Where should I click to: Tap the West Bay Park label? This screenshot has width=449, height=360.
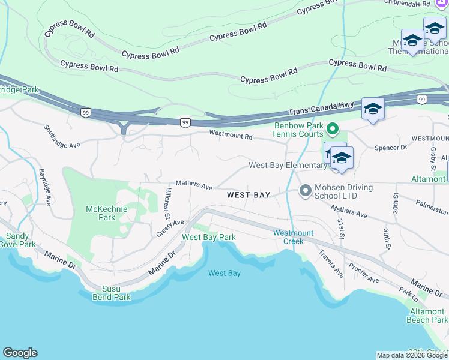click(208, 237)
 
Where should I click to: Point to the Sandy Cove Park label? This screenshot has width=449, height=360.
click(17, 240)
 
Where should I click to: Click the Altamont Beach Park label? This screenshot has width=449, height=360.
click(427, 316)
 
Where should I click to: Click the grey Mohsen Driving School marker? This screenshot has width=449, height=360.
click(305, 191)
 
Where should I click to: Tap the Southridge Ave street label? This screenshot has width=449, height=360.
click(62, 137)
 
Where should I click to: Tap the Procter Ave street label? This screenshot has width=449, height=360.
click(363, 274)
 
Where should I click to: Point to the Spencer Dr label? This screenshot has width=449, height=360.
click(390, 147)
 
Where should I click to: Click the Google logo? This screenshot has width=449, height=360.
click(20, 353)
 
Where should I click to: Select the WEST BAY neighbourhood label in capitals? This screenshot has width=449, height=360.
click(249, 195)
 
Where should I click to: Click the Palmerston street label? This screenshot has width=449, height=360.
click(431, 211)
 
